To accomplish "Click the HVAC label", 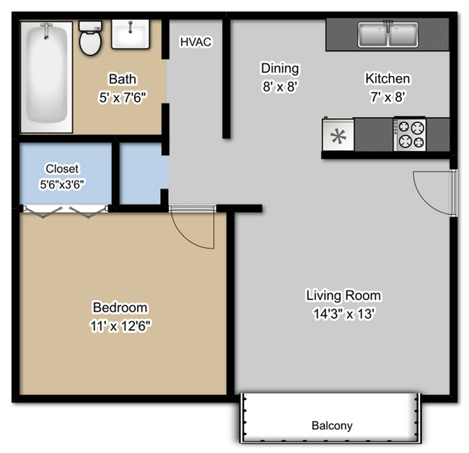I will click(x=196, y=42).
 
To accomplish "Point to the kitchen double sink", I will click(x=389, y=35).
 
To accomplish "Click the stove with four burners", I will click(x=410, y=134).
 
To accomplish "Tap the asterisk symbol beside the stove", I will click(x=338, y=135).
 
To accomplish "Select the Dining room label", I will click(x=279, y=69).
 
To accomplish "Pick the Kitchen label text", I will click(x=387, y=79).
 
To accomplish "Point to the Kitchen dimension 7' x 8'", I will click(x=387, y=95).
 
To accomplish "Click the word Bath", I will click(x=123, y=79).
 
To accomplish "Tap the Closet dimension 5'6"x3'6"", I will click(x=62, y=184).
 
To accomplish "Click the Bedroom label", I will click(x=120, y=307).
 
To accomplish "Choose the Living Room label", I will click(x=343, y=295).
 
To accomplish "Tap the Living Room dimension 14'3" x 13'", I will click(x=343, y=314).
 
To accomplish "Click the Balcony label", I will click(x=332, y=426).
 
